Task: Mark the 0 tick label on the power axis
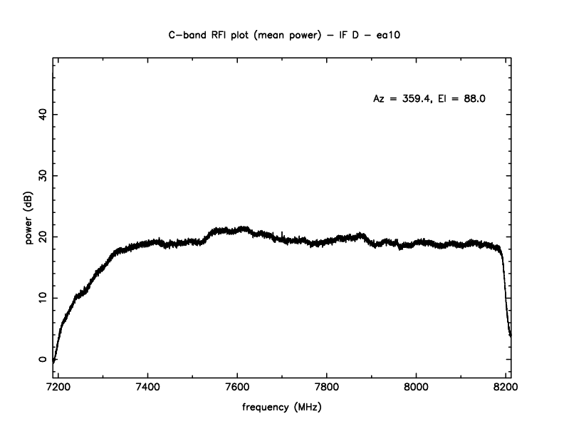coord(42,359)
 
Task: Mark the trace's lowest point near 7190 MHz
coord(53,362)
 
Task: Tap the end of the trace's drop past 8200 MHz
coord(511,335)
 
